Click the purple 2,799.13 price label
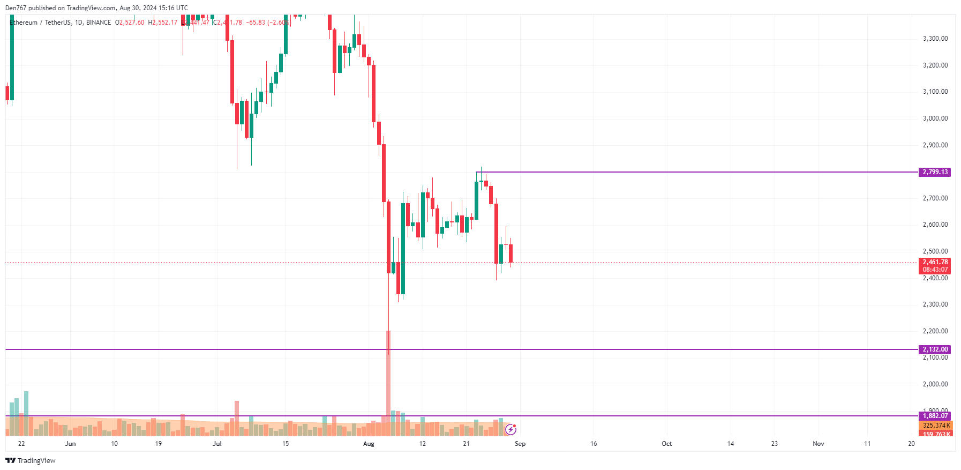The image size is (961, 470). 935,172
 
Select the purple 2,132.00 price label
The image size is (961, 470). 935,349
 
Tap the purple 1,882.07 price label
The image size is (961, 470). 935,416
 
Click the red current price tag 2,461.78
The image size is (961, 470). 935,262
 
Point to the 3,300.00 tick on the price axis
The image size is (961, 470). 935,39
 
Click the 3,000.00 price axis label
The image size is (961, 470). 935,118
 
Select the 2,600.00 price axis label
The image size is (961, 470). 935,225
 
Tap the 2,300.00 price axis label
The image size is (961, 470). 935,304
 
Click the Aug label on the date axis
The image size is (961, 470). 369,444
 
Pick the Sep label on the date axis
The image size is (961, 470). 520,444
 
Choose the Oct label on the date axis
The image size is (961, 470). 666,444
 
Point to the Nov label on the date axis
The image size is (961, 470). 818,444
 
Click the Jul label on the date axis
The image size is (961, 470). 217,444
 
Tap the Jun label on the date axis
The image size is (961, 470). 70,444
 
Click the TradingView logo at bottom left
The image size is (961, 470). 31,460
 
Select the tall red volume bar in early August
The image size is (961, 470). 388,383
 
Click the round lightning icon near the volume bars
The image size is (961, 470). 510,429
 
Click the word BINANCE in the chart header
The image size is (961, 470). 99,23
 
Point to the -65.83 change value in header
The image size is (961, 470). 256,23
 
